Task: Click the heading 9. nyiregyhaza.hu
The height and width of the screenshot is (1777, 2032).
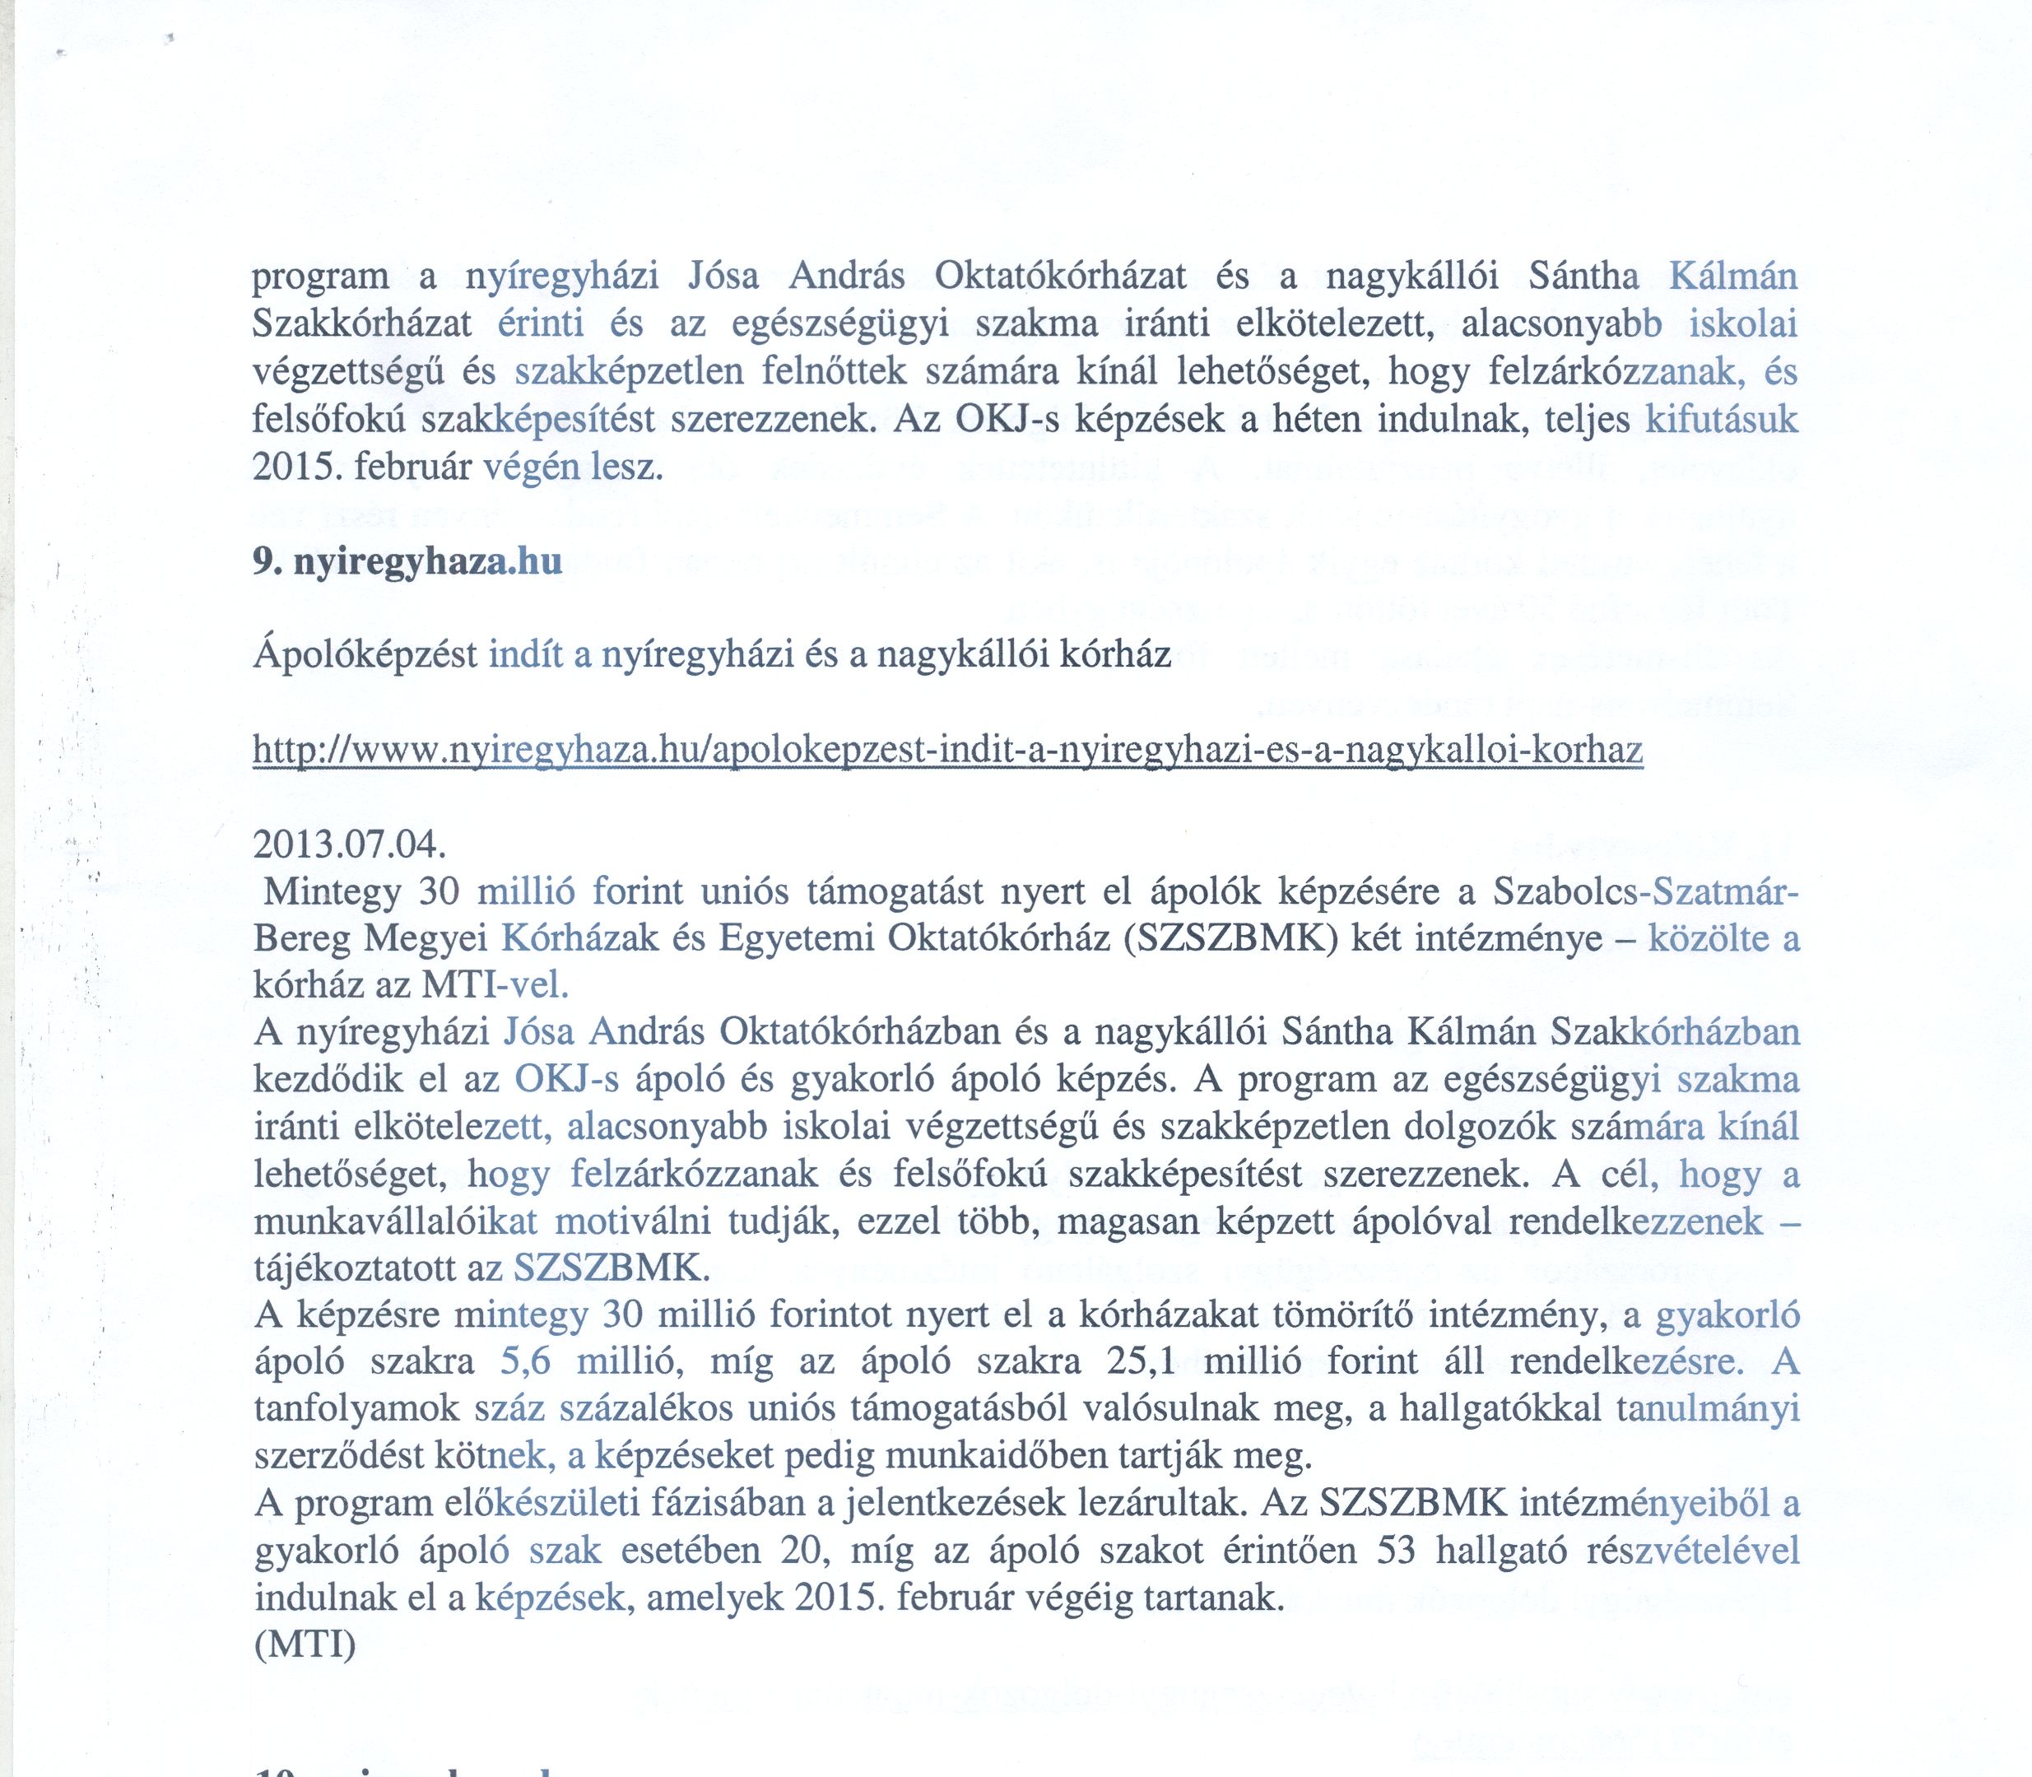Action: coord(407,562)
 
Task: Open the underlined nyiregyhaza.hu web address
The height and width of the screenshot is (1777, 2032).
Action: coord(948,751)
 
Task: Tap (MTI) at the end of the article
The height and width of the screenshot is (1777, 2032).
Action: coord(305,1646)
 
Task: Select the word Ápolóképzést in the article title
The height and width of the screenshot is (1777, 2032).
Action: coord(366,655)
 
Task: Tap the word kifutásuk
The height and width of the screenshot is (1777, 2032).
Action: coord(1722,421)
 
